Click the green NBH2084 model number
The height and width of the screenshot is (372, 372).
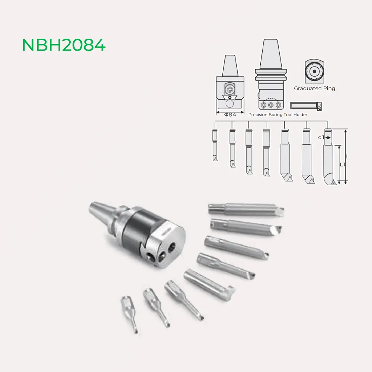[x=64, y=45]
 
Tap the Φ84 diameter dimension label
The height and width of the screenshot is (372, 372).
[x=230, y=115]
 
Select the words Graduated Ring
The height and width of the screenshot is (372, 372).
[x=314, y=89]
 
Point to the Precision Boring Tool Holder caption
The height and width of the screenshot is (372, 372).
[x=278, y=115]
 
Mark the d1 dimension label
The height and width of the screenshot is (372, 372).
[x=320, y=137]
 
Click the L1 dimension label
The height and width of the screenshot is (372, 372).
[x=343, y=164]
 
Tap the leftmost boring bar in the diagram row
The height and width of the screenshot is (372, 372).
[x=215, y=145]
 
